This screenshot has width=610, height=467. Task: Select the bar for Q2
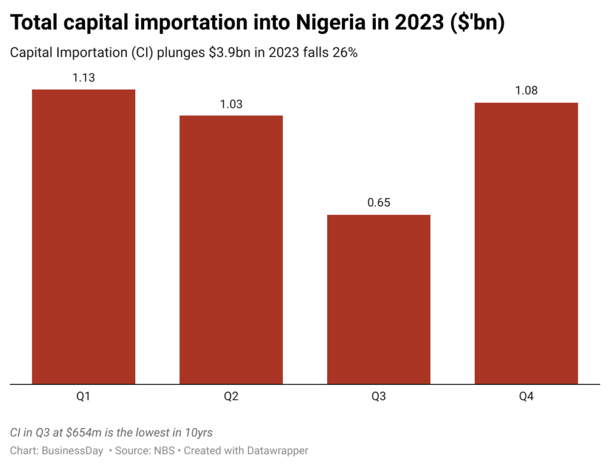click(231, 250)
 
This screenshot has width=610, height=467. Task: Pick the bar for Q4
click(526, 243)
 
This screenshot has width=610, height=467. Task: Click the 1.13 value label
click(83, 78)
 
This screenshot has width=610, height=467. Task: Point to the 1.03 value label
click(231, 104)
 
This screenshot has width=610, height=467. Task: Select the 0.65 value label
click(378, 203)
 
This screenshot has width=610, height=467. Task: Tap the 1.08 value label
click(526, 91)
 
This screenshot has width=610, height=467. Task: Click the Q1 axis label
click(83, 396)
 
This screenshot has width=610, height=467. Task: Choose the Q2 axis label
click(231, 396)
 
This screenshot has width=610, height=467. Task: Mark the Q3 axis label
click(378, 396)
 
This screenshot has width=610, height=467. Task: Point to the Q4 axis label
click(526, 396)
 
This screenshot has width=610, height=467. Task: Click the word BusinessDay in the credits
click(73, 450)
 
